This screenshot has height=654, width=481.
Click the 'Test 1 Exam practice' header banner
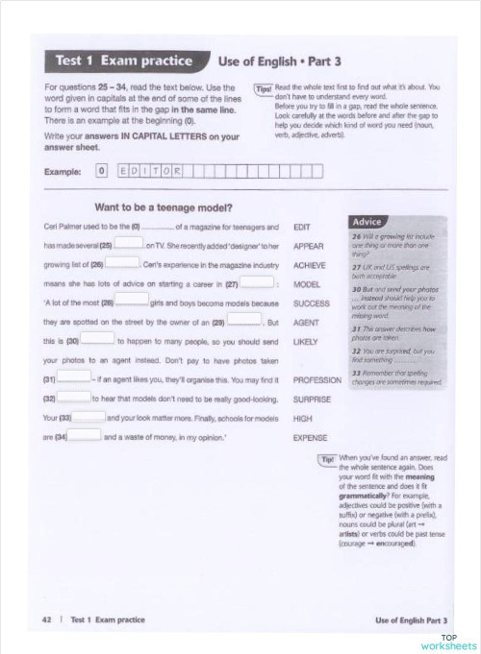(x=120, y=61)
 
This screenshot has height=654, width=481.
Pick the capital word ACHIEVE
(x=310, y=265)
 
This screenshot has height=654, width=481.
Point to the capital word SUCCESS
(x=312, y=303)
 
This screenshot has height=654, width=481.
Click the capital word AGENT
(x=306, y=323)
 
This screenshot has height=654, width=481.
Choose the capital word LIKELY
(x=305, y=342)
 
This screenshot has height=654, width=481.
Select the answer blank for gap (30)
(x=97, y=340)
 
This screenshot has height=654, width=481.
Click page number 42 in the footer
(x=46, y=619)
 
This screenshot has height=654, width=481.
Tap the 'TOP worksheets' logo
(x=448, y=642)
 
